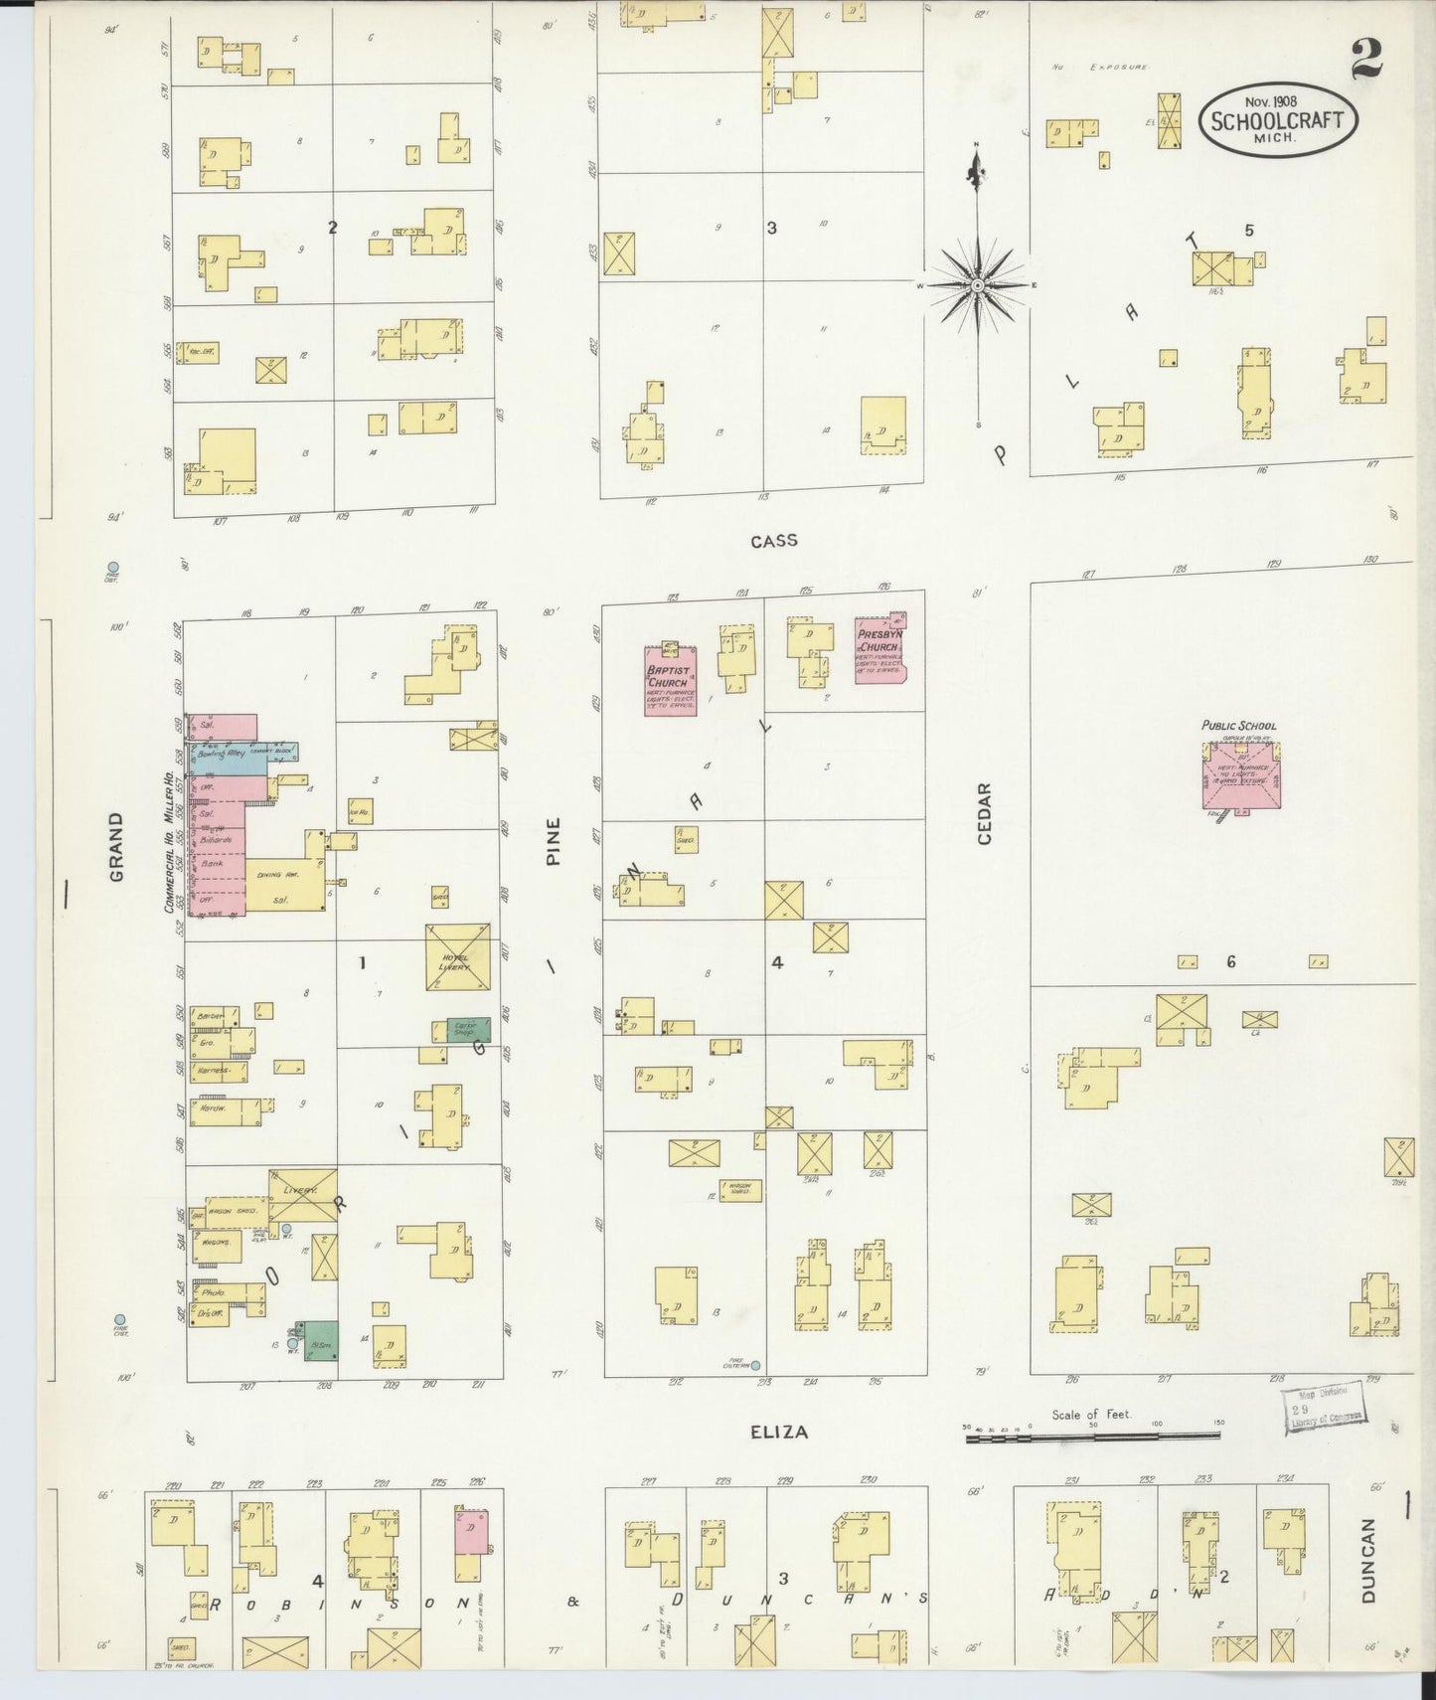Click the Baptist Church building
point(670,681)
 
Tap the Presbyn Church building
point(880,648)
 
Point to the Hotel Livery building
point(458,957)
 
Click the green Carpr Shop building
point(454,1030)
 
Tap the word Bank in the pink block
point(212,864)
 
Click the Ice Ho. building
point(360,810)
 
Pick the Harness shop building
point(218,1071)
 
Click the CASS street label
point(773,541)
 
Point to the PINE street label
point(554,841)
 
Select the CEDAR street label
point(985,814)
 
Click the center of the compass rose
point(978,285)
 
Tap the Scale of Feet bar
point(1093,1436)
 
